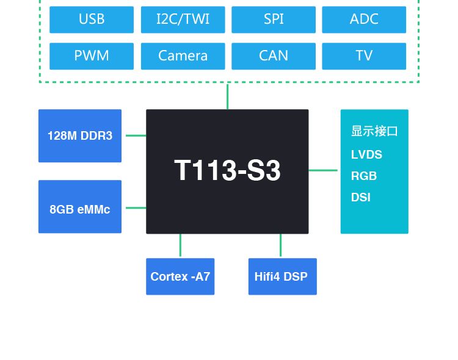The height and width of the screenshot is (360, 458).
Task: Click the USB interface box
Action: (x=92, y=20)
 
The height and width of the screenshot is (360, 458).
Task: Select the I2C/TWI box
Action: (x=183, y=20)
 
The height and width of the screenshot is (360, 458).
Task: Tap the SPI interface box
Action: (x=274, y=20)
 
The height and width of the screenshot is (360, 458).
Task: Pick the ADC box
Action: (x=364, y=20)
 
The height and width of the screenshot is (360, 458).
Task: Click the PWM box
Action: (x=92, y=56)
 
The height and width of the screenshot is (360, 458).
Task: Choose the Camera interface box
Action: (x=183, y=56)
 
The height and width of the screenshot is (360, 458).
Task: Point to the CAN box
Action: (x=274, y=56)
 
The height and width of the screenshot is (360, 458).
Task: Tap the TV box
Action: (x=364, y=56)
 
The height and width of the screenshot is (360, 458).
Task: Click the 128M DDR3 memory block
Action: (x=80, y=136)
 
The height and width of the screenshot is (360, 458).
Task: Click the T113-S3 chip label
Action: (x=227, y=171)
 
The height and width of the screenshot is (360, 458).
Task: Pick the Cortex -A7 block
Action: (x=180, y=276)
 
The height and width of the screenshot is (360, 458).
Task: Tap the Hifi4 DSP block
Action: (x=282, y=276)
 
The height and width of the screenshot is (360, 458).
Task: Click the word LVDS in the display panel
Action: (x=366, y=155)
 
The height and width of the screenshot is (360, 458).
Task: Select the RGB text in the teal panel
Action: (x=364, y=176)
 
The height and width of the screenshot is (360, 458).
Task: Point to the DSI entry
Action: (x=361, y=198)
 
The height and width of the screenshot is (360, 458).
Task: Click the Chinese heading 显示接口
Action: (x=374, y=131)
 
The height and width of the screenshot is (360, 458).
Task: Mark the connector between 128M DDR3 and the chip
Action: (x=136, y=135)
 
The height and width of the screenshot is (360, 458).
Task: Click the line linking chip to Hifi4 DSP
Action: (x=280, y=245)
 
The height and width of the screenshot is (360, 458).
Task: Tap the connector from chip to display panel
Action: (x=323, y=170)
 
